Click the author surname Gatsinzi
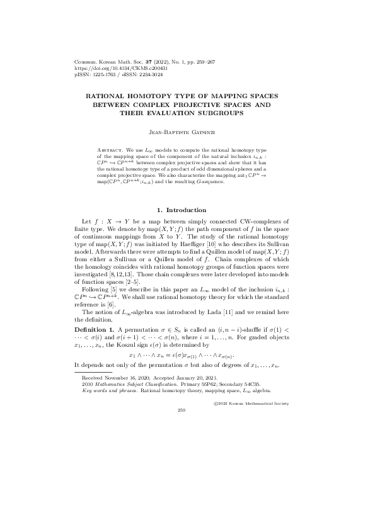click(203, 133)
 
